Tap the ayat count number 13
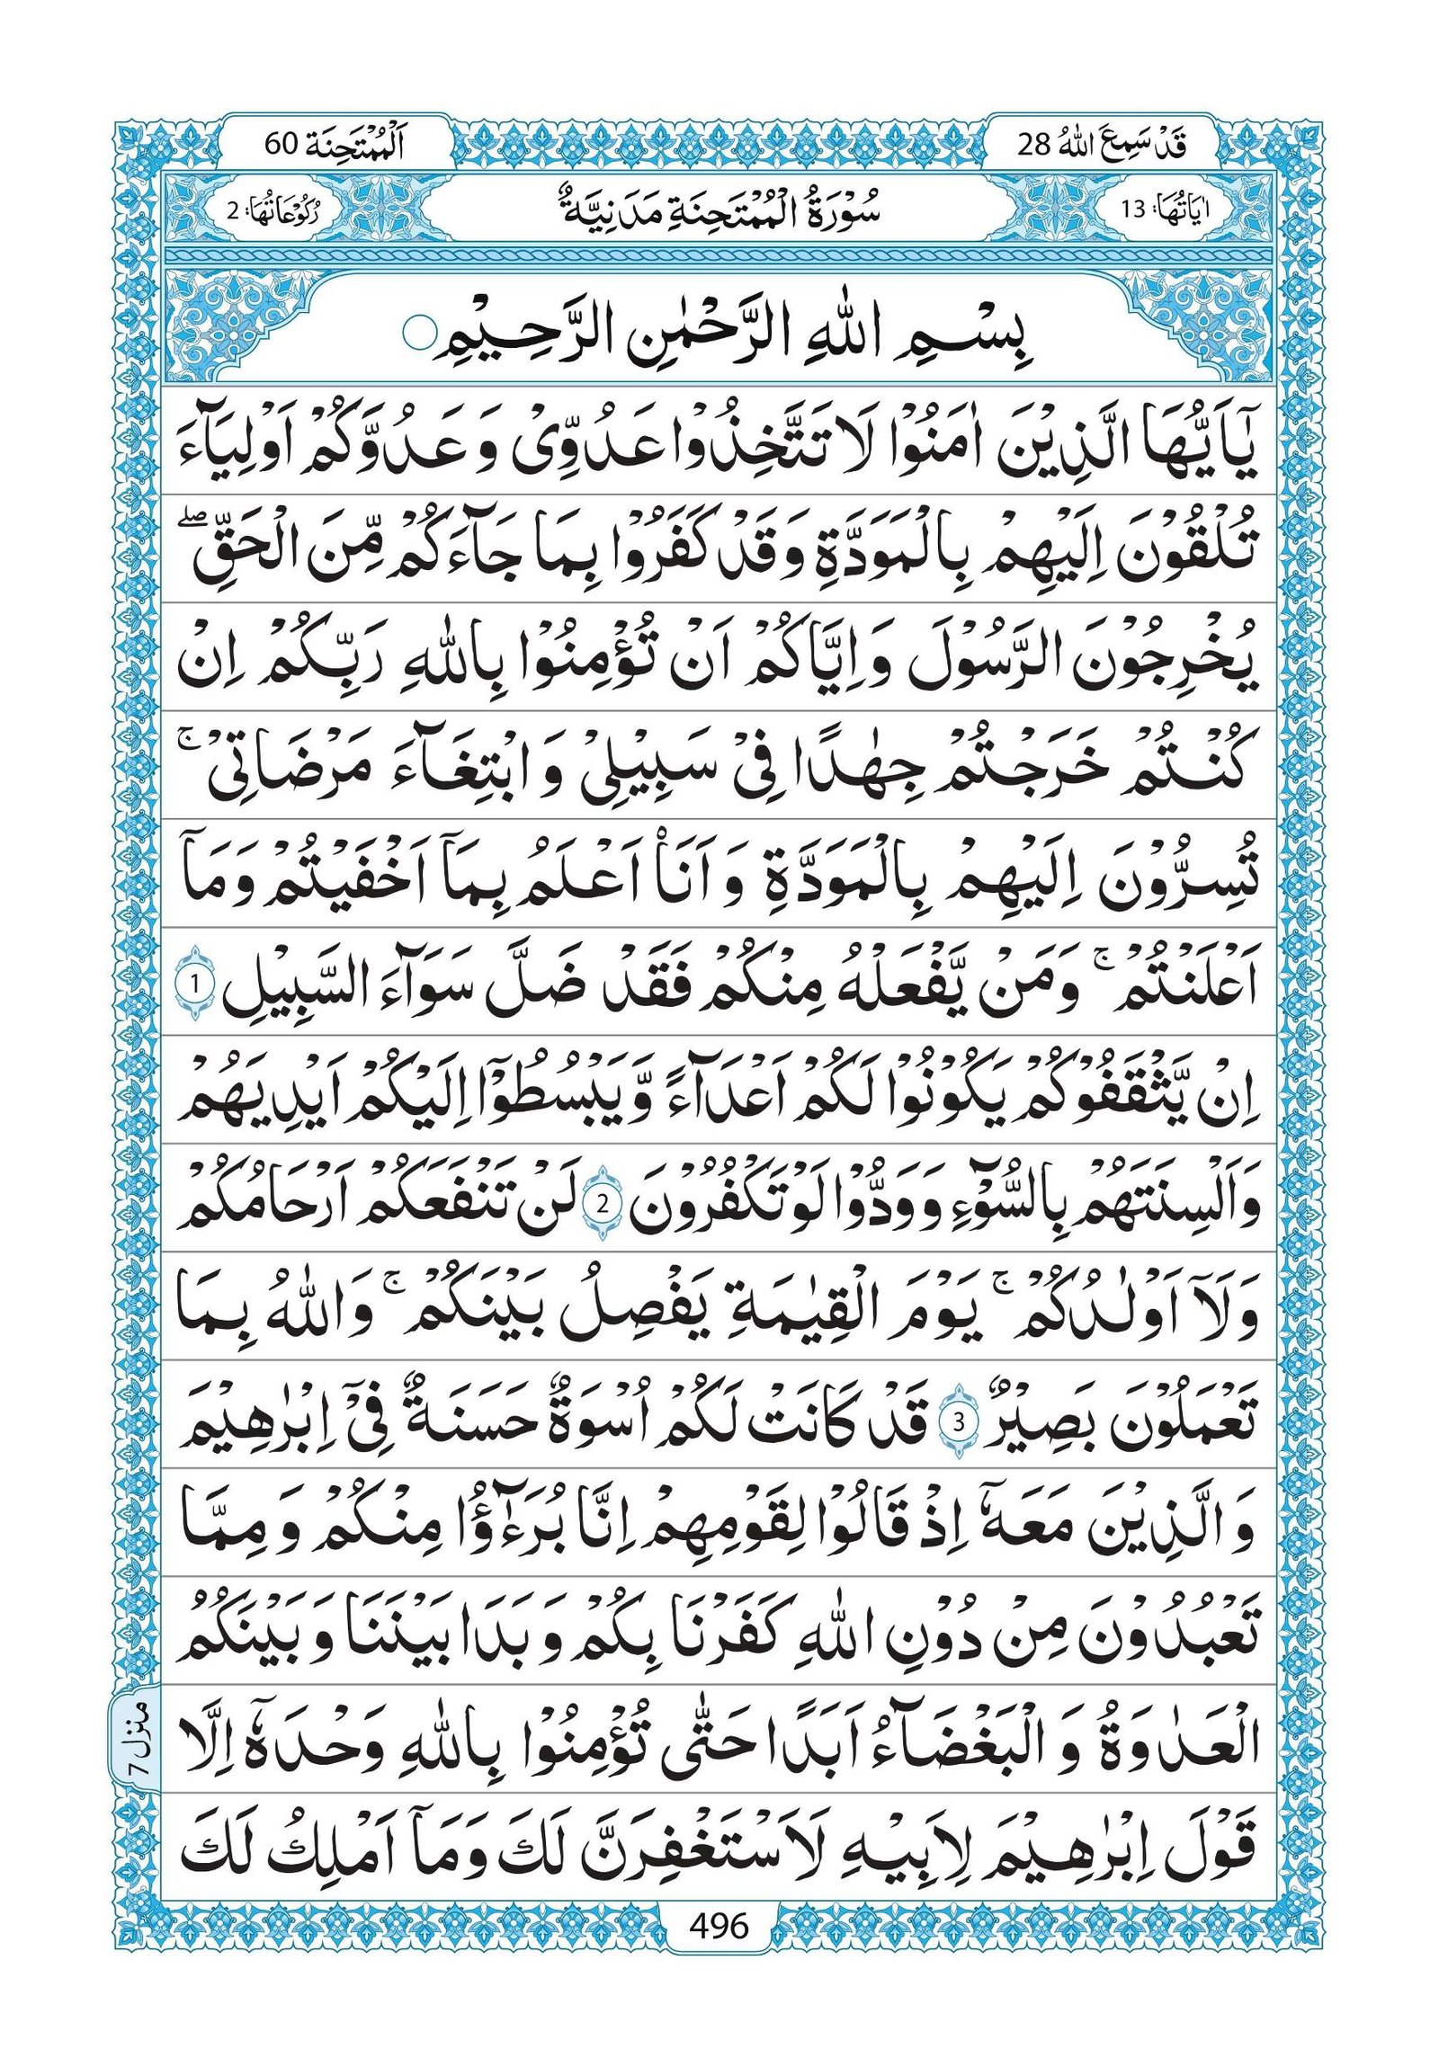pyautogui.click(x=1131, y=210)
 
